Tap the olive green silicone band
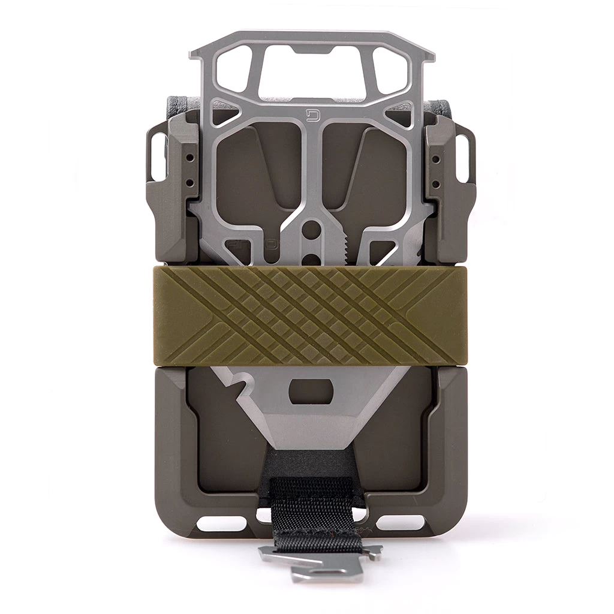(311, 316)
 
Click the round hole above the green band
(311, 230)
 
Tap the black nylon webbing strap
(312, 504)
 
